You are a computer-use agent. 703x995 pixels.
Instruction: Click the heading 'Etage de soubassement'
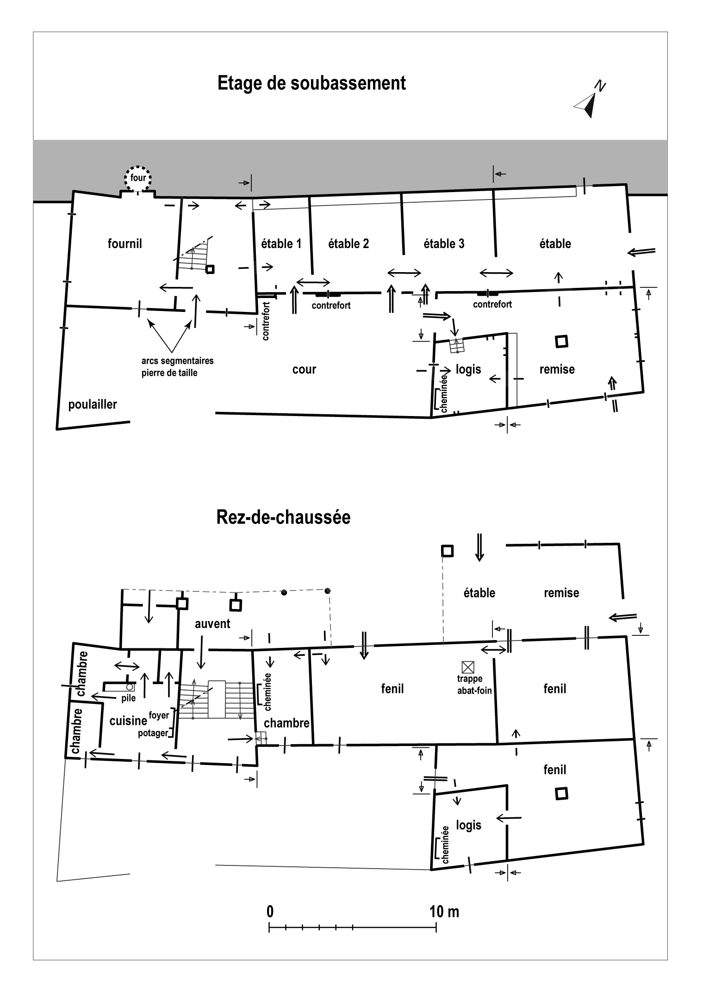pos(311,83)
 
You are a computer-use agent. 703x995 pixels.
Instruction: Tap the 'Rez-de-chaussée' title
pos(283,517)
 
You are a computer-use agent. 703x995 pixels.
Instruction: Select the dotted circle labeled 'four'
pos(138,178)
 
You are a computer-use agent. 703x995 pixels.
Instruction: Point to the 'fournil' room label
pos(125,243)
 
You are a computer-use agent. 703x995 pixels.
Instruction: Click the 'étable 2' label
pos(348,243)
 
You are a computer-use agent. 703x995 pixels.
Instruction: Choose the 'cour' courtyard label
pos(304,369)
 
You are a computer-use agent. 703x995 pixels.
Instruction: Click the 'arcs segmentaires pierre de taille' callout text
pos(177,367)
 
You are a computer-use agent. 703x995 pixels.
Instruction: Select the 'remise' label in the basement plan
pos(557,369)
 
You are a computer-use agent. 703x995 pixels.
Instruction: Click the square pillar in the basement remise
pos(561,342)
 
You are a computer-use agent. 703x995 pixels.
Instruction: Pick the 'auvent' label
pos(212,623)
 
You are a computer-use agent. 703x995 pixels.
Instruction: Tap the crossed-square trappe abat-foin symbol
pos(468,667)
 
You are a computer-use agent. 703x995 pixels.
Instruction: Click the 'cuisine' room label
pos(128,721)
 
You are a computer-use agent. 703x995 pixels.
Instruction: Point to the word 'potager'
pos(153,733)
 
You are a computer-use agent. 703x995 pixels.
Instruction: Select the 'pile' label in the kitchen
pos(129,699)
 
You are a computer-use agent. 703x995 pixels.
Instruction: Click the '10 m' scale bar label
pos(444,912)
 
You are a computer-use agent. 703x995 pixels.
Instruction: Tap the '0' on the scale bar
pos(270,912)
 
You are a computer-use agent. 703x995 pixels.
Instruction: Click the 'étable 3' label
pos(444,243)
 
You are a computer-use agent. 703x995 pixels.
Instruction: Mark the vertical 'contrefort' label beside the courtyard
pos(266,321)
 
